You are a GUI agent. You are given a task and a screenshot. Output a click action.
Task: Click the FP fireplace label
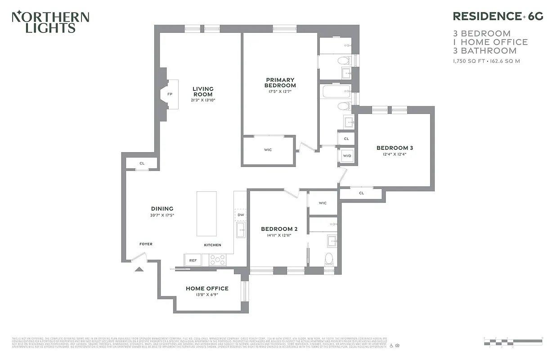click(x=170, y=94)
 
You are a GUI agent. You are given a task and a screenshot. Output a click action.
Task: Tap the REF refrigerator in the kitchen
click(x=193, y=260)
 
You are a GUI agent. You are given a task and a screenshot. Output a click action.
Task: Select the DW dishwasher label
click(x=240, y=215)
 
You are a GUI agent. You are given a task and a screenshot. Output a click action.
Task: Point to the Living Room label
click(x=203, y=92)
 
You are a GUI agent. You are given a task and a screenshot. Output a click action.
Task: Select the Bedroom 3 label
click(x=395, y=148)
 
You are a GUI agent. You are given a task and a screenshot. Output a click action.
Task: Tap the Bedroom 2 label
click(x=279, y=229)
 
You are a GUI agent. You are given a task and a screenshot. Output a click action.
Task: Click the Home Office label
click(x=207, y=288)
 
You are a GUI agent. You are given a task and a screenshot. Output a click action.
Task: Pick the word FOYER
click(x=146, y=244)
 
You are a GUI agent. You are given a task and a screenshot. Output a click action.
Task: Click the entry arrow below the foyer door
click(x=139, y=269)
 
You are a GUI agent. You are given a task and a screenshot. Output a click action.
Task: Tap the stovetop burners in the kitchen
click(x=218, y=260)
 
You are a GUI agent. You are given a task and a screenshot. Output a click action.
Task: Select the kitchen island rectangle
click(x=206, y=214)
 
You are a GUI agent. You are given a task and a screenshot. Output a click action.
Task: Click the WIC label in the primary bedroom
click(x=268, y=150)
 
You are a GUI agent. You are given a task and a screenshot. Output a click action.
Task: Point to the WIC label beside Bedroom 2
click(x=323, y=203)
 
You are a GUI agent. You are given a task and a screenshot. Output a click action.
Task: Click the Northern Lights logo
click(x=50, y=22)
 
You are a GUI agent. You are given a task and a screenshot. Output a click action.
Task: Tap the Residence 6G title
click(x=498, y=17)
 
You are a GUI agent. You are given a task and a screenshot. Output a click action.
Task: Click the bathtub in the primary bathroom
click(x=336, y=93)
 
